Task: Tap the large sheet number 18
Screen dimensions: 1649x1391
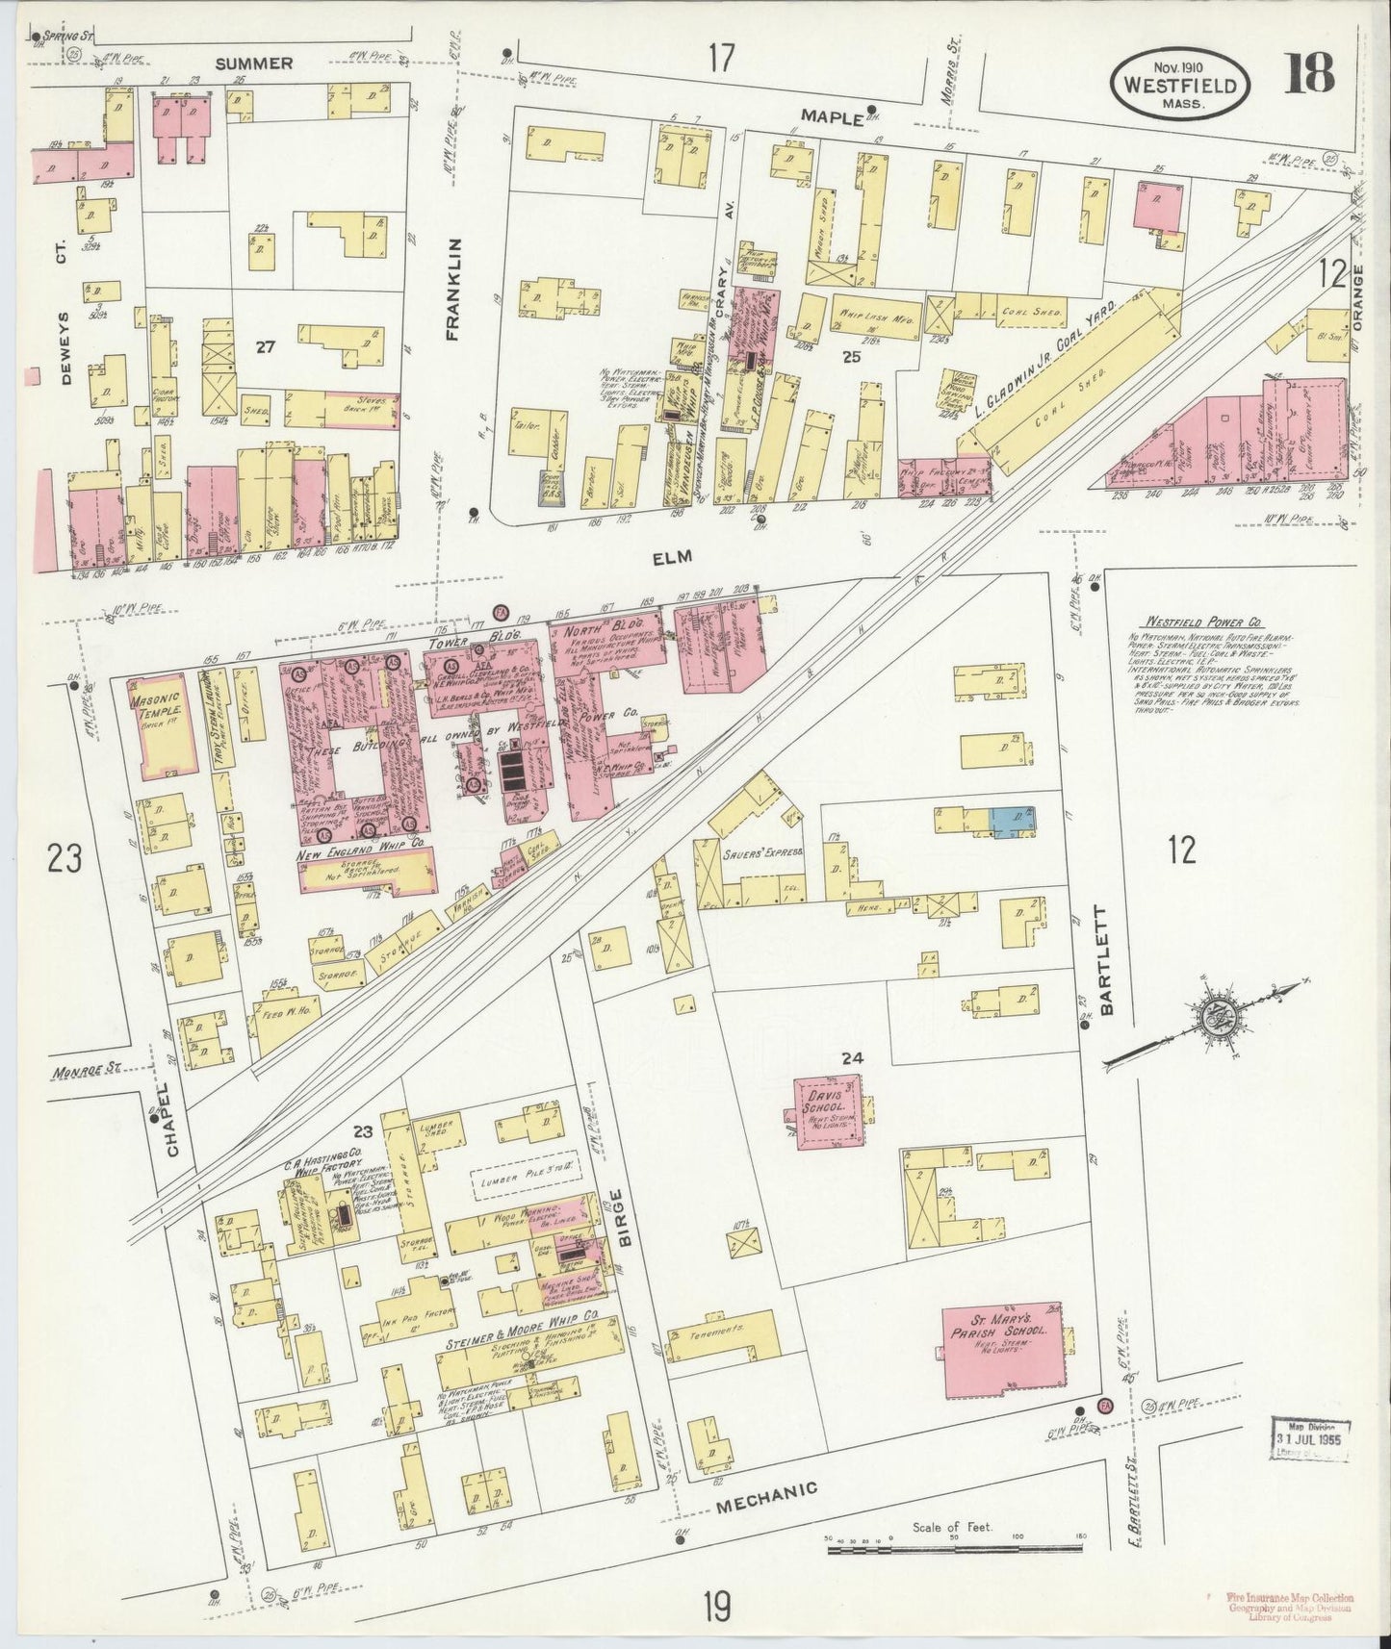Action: (1309, 74)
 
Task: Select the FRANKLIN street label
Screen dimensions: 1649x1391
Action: (453, 290)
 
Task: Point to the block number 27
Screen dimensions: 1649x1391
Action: (265, 346)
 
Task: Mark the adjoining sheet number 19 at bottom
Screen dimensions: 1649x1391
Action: (716, 1604)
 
